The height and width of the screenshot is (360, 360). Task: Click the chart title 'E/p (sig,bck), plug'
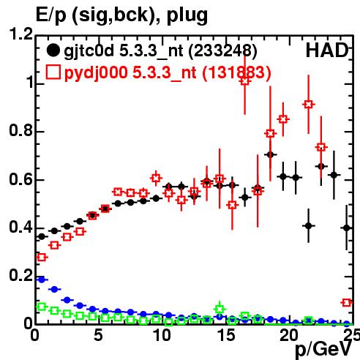tap(121, 16)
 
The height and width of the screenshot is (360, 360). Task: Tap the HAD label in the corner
tap(327, 50)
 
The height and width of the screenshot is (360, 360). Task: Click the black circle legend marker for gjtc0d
tap(53, 50)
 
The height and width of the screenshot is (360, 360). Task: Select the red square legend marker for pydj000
tap(53, 72)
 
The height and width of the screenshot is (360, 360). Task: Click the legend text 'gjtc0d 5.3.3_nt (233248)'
tap(160, 51)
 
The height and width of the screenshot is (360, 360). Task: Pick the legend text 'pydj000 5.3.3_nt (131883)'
tap(168, 73)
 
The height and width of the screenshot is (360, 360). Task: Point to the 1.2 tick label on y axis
tap(21, 34)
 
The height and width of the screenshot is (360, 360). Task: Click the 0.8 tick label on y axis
tap(21, 130)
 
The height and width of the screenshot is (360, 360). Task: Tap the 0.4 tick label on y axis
tap(21, 227)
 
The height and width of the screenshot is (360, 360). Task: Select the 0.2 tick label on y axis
tap(21, 275)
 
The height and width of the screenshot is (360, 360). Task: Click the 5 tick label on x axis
tap(98, 335)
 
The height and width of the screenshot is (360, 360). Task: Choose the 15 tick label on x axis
tap(227, 335)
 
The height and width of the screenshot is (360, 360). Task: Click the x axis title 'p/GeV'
tap(323, 349)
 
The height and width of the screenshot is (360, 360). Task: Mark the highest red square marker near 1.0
tap(245, 80)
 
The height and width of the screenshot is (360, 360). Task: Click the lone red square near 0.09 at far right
tap(347, 303)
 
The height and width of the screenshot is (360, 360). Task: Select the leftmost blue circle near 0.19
tap(42, 280)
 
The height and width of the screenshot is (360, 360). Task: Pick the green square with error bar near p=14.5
tap(220, 310)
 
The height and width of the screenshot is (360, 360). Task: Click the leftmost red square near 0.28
tap(42, 257)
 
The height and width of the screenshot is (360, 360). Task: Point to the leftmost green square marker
tap(42, 307)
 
